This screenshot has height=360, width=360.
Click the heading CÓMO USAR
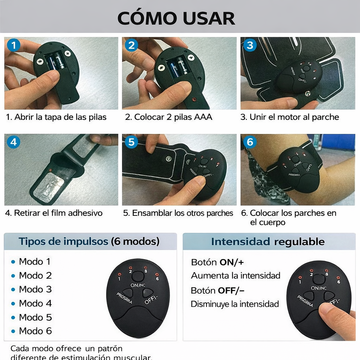(176, 18)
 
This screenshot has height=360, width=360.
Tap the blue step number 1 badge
(14, 45)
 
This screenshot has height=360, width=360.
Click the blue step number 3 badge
(250, 45)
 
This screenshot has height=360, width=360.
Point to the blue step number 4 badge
(14, 142)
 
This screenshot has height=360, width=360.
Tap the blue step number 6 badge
(250, 142)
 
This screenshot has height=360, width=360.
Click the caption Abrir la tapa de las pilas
(56, 117)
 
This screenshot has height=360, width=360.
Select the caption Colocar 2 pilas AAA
(169, 117)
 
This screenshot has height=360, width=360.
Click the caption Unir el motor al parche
(290, 117)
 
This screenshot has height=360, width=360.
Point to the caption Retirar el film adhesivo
(54, 213)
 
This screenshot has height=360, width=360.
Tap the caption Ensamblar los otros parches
(178, 213)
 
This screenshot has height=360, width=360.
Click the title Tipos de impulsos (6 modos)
(89, 242)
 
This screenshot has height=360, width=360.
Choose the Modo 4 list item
(35, 303)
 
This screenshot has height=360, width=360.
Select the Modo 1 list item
(34, 262)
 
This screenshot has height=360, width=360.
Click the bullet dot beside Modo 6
(13, 331)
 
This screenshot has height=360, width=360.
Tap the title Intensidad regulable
(268, 242)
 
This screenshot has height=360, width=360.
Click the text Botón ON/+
(217, 262)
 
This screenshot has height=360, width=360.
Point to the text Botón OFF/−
(217, 290)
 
